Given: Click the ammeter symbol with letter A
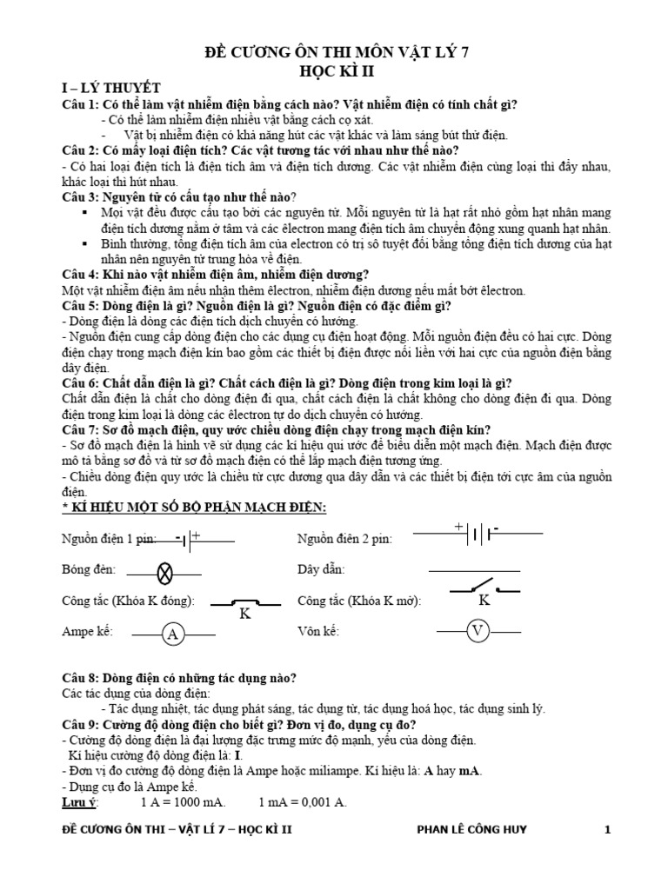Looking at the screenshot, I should click(172, 634).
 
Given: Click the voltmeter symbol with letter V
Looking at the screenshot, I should click(476, 631).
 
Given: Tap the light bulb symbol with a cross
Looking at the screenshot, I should click(165, 572).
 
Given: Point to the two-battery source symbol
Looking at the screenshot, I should click(477, 533).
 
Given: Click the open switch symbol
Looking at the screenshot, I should click(484, 589).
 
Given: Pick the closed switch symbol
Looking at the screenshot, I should click(244, 602).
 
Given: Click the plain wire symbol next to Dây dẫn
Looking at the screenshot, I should click(474, 570).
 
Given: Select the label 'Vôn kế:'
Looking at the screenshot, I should click(317, 631).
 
